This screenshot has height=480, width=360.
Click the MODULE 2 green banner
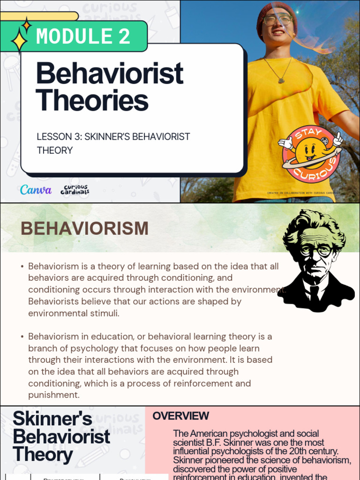82,36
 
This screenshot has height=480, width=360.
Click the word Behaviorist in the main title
109,74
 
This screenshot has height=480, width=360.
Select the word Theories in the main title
92,100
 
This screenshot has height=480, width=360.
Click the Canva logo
36,190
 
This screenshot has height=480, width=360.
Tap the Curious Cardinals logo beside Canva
75,190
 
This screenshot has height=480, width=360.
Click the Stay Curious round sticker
310,153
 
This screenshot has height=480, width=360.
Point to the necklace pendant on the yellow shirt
281,80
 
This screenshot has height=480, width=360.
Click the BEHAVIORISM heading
84,229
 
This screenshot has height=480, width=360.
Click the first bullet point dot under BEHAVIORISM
22,267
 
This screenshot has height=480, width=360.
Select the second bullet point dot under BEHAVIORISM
22,337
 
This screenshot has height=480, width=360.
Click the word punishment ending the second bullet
53,395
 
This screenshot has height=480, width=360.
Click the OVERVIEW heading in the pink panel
181,416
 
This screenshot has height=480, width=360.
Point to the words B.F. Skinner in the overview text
224,442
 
